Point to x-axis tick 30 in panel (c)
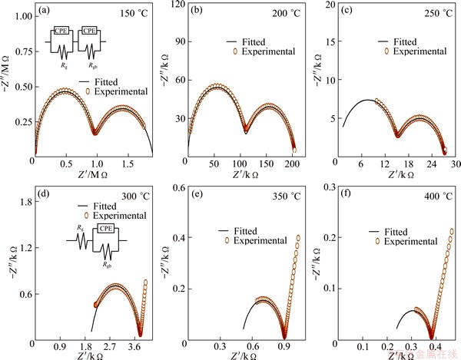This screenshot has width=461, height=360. click(454, 163)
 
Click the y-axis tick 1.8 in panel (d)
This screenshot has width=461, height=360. click(22, 202)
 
